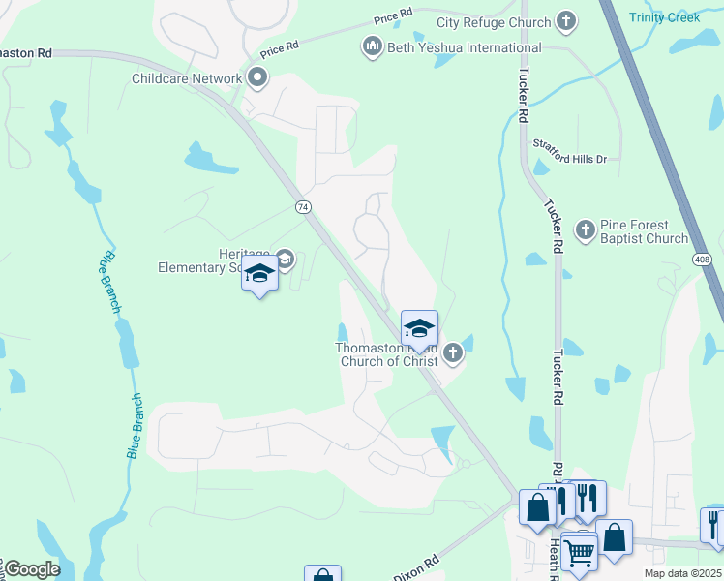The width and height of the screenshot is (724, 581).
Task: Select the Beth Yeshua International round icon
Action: (x=371, y=46)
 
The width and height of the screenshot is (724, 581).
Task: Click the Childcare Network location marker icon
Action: (x=256, y=78)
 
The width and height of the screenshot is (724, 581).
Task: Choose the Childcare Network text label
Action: (x=189, y=78)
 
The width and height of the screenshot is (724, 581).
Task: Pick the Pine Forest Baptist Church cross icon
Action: (x=585, y=229)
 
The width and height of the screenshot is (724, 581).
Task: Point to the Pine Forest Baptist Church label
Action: (x=645, y=231)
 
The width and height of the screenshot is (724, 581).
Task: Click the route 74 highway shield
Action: (x=303, y=207)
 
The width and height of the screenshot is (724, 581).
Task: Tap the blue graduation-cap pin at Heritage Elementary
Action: (x=259, y=276)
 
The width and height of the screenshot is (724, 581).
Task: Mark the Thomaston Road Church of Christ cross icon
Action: (x=453, y=355)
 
